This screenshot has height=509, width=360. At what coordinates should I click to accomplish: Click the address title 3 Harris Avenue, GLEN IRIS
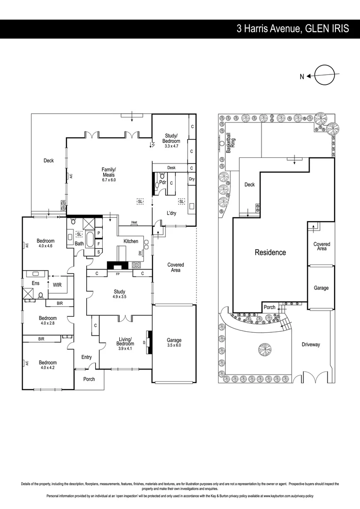[293, 29]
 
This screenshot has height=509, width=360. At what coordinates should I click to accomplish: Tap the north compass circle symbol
[325, 75]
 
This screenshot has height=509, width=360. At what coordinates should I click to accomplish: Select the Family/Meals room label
[108, 174]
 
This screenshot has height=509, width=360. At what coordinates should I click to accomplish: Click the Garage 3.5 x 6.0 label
[174, 343]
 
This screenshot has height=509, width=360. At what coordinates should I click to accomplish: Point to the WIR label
[57, 285]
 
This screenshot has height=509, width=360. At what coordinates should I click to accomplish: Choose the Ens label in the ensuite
[35, 283]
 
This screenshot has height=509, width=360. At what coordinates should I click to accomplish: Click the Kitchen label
[131, 241]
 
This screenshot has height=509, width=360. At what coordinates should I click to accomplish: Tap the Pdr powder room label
[163, 182]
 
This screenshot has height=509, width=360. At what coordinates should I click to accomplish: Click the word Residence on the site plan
[270, 252]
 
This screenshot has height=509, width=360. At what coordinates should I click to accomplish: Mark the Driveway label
[311, 345]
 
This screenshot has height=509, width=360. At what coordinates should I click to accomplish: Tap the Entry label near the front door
[86, 357]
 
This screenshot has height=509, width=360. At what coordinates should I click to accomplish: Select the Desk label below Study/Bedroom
[171, 168]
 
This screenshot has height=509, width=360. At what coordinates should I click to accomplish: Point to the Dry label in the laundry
[192, 179]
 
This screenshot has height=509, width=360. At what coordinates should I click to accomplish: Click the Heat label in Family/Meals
[134, 222]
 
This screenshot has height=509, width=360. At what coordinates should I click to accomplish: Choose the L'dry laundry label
[172, 213]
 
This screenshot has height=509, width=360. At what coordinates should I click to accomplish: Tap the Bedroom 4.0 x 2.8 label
[48, 320]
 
